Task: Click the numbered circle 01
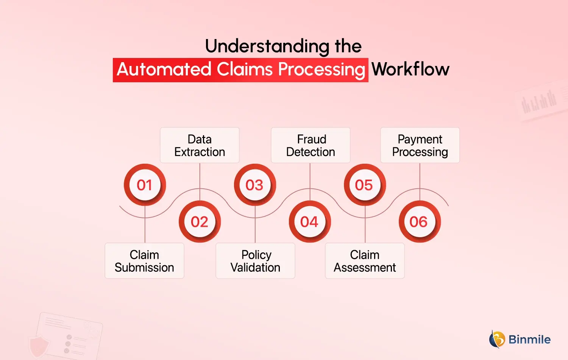point(145,185)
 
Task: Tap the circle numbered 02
point(200,222)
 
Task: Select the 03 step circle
point(255,185)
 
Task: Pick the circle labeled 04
point(310,222)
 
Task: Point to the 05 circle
point(364,185)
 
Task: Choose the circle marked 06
point(419,222)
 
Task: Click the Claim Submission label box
point(144,261)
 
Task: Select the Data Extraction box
point(200,146)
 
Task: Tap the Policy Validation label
point(255,261)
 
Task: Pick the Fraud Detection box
point(311,146)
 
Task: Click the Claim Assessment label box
point(365,261)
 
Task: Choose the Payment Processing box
point(420,146)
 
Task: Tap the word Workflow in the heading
point(410,69)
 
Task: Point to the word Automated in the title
point(164,69)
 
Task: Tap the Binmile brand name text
point(529,340)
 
